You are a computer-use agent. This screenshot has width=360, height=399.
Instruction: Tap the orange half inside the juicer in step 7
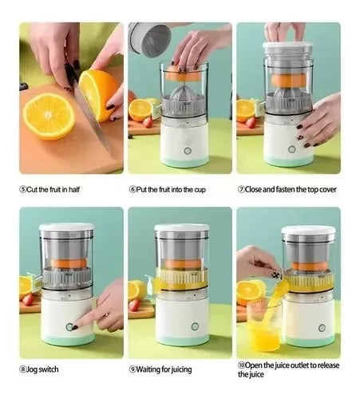pos(287,80)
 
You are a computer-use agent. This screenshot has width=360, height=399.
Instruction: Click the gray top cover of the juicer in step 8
pos(66,228)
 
